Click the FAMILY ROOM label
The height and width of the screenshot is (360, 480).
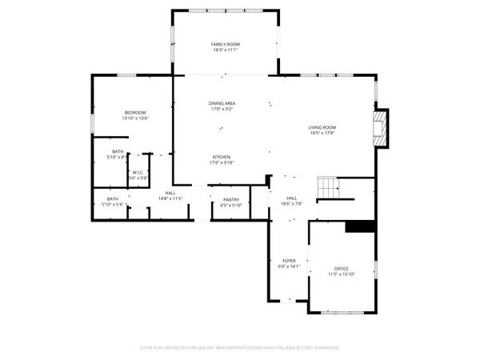226,44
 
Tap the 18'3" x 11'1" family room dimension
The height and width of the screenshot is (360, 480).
226,50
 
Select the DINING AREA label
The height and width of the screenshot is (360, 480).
222,103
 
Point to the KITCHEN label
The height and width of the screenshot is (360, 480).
222,157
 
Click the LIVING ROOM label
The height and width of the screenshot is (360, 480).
322,127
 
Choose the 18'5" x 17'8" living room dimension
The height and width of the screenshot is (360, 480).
322,134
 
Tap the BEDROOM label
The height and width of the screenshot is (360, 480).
135,112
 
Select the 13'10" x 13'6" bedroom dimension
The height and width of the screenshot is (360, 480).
135,118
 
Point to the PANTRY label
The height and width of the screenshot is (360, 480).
231,199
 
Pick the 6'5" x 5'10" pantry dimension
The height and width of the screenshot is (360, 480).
231,206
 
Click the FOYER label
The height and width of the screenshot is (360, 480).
289,261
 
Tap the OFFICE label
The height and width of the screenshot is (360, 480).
342,268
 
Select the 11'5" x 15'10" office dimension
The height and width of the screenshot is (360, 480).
342,274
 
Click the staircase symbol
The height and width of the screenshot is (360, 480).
329,189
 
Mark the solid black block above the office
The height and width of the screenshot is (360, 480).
360,226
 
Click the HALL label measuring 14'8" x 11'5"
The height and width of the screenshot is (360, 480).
170,192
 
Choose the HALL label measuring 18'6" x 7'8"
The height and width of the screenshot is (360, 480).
291,198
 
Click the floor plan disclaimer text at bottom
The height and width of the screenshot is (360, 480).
240,348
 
